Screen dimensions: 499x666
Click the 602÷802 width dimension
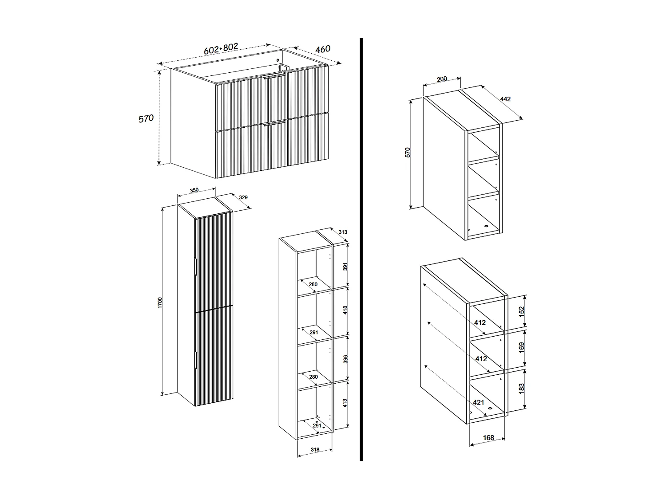[221, 48]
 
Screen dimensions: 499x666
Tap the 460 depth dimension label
[323, 48]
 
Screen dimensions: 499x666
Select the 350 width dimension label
[194, 190]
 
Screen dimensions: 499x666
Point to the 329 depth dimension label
[243, 197]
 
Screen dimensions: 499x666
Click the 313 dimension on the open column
[342, 232]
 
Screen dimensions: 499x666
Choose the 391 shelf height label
[345, 266]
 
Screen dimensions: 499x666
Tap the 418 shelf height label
[345, 310]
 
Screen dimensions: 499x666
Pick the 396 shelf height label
[345, 359]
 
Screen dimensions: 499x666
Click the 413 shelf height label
[345, 404]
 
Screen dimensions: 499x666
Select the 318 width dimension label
[315, 450]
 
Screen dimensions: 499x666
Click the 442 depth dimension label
[505, 99]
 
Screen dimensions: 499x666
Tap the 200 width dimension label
[442, 79]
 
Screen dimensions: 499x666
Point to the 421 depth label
[478, 402]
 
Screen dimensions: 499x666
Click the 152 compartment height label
[522, 311]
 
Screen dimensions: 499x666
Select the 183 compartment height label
[522, 388]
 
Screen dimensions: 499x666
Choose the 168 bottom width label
[488, 438]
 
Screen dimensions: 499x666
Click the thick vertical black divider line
[361, 248]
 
